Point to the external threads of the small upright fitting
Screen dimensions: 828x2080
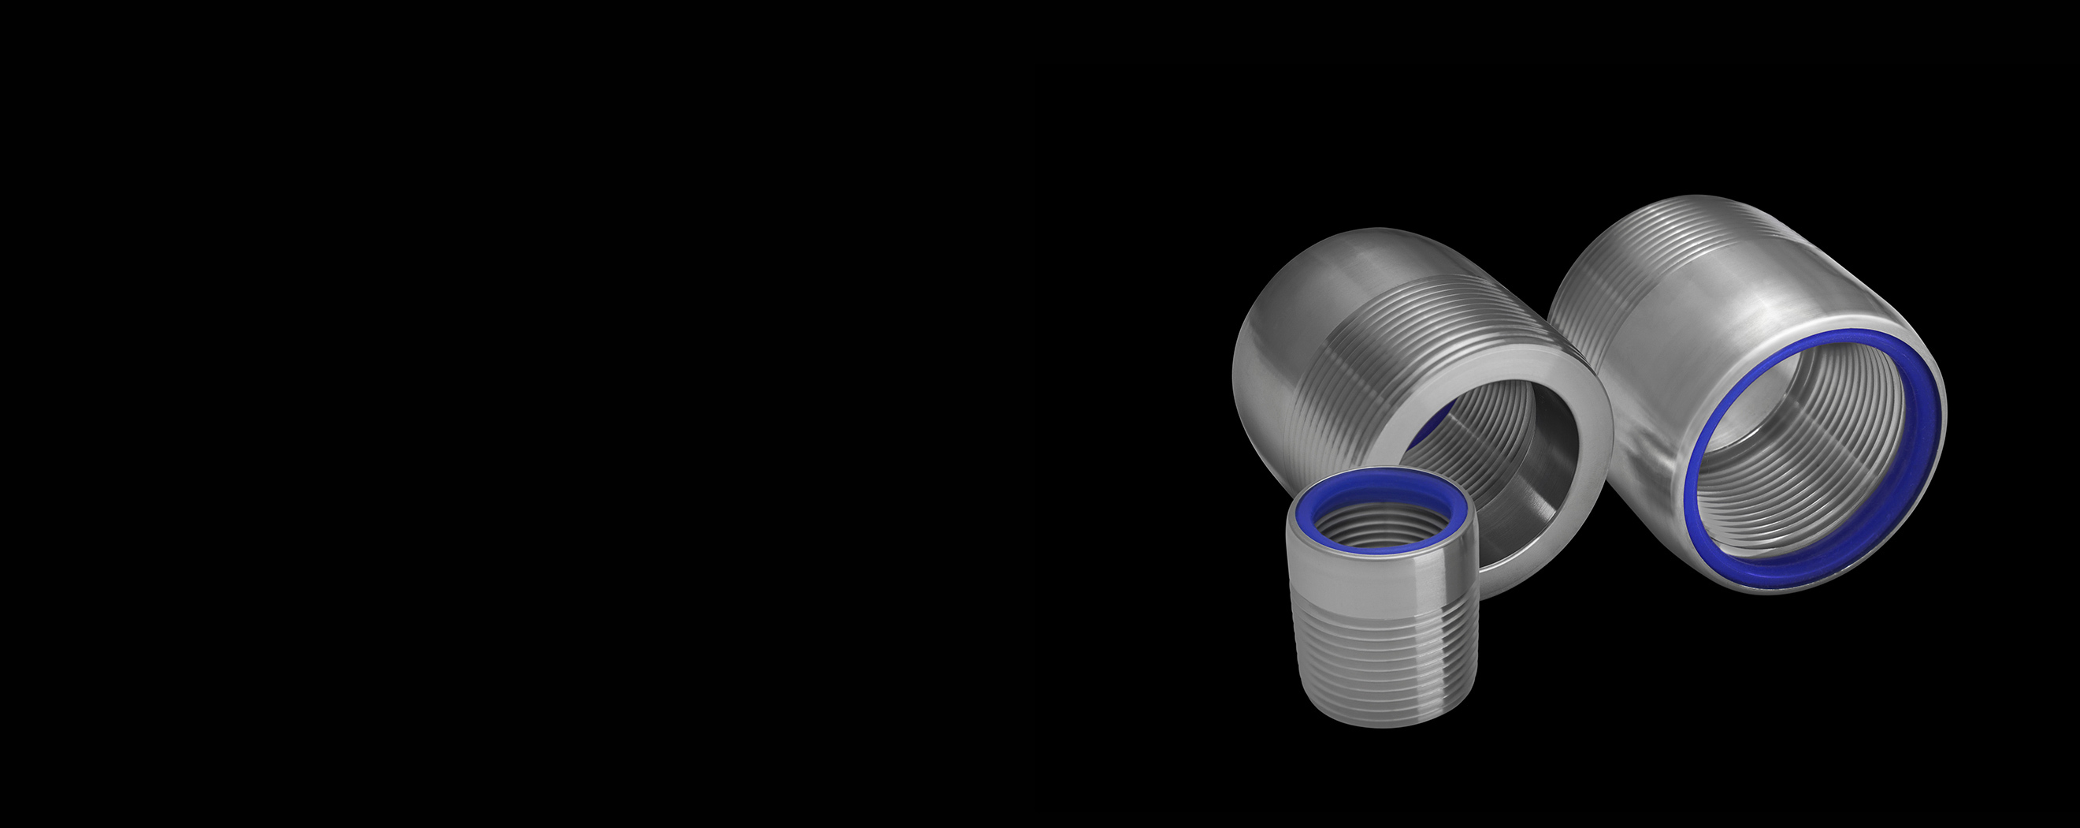pos(1383,662)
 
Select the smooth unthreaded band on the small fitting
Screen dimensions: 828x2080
pos(1383,577)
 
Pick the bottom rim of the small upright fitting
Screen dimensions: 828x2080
pos(1383,722)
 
